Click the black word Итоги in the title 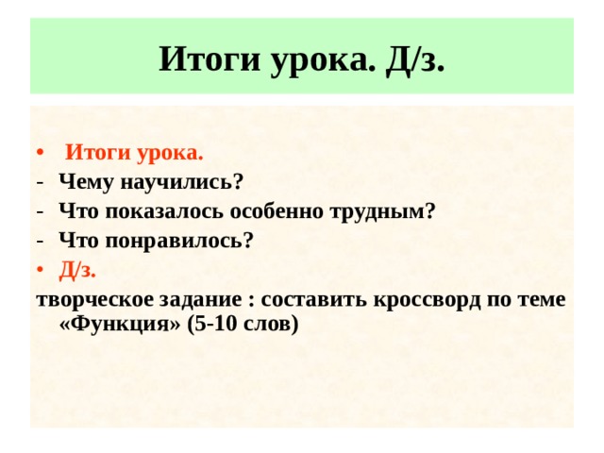point(210,59)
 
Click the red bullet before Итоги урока point(40,152)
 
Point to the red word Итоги point(98,153)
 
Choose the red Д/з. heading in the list point(77,270)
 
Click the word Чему point(87,182)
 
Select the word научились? point(182,182)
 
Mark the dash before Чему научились point(40,182)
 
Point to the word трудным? point(383,211)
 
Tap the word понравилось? point(179,241)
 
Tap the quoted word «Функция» point(120,325)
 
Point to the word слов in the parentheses point(267,325)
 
